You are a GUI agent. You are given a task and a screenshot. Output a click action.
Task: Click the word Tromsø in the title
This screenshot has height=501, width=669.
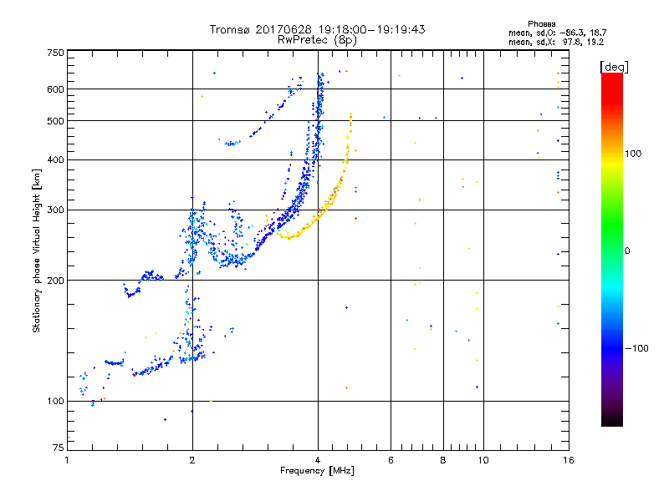[x=232, y=29]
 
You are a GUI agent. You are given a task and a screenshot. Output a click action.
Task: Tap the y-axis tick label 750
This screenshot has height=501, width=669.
[x=55, y=52]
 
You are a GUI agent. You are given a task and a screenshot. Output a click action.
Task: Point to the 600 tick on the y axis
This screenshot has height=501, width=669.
[x=55, y=89]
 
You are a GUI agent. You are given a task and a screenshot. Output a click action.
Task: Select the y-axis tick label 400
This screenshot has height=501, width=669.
[x=55, y=159]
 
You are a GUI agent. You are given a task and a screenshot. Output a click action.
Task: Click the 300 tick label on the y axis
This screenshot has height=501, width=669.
[x=55, y=210]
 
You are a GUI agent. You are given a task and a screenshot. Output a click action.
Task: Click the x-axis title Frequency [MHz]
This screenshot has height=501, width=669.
[x=318, y=471]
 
